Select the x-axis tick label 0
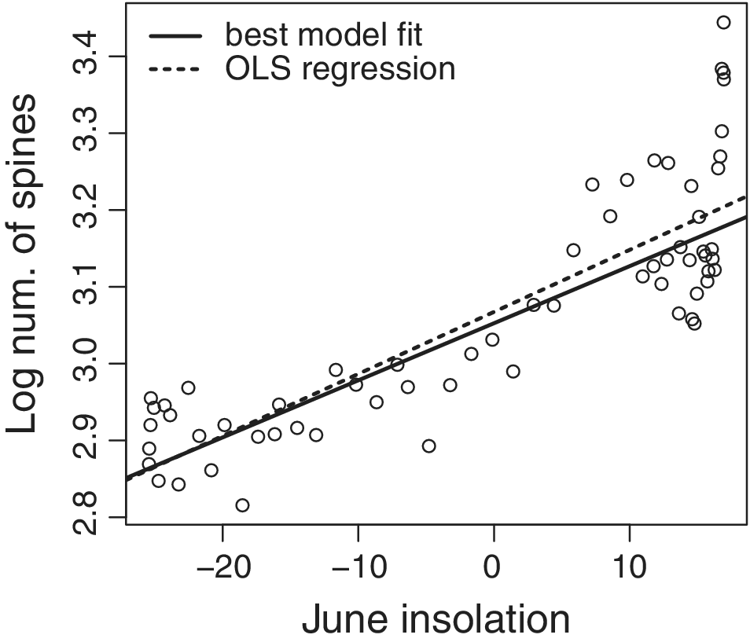point(493,568)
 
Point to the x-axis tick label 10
point(629,568)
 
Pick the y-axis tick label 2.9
point(92,440)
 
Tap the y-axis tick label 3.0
point(92,363)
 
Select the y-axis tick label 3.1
point(92,287)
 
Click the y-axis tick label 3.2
point(92,210)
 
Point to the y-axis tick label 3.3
point(92,134)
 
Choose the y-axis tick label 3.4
point(92,57)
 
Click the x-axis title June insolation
point(436,618)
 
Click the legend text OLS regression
point(340,69)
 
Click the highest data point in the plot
point(723,22)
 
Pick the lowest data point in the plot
point(242,505)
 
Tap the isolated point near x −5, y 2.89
point(428,446)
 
